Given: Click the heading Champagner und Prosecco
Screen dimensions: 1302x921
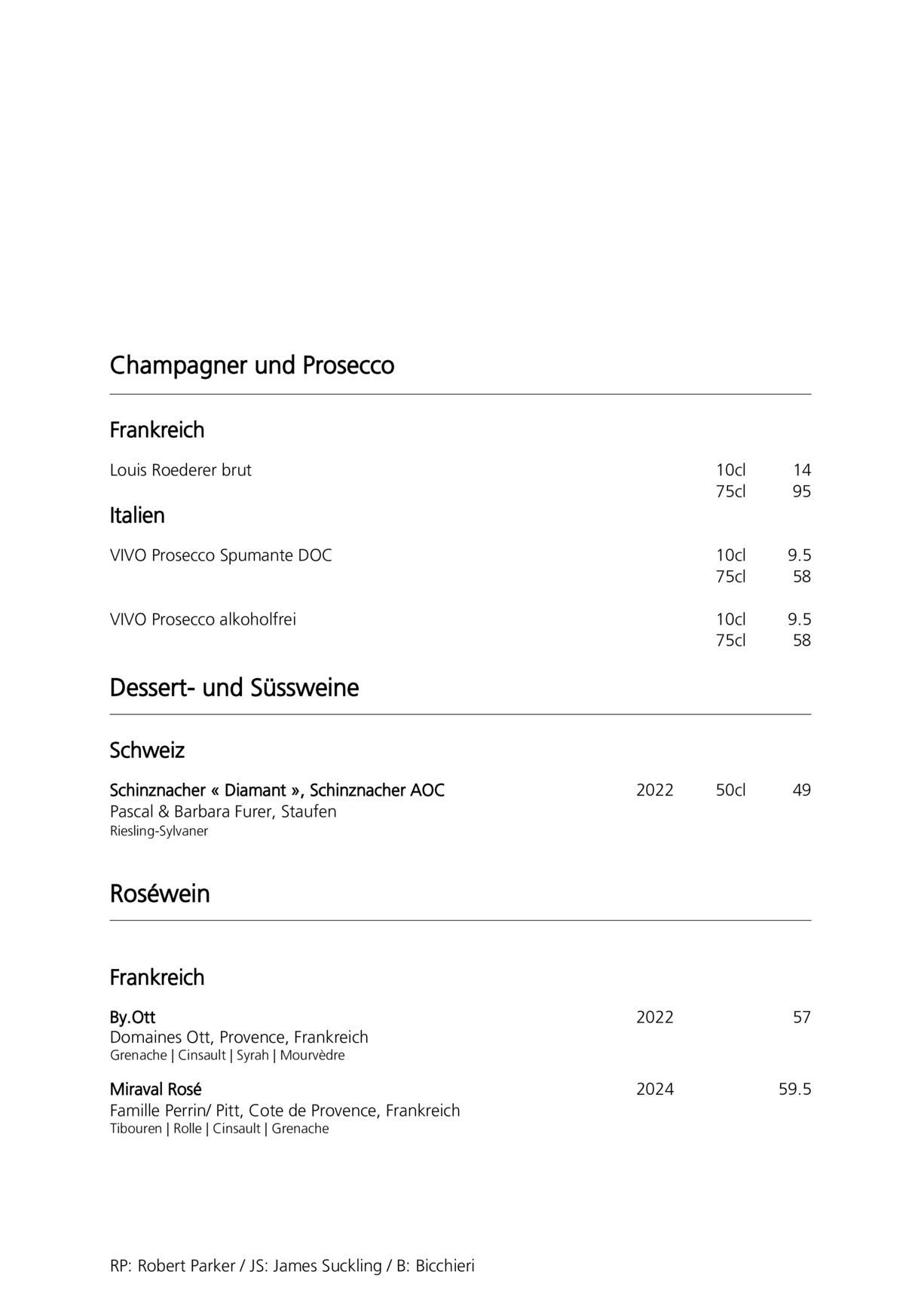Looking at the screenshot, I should click(252, 365).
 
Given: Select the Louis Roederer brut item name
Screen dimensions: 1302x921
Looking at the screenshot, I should click(181, 470).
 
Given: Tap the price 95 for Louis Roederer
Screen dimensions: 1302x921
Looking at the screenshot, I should click(801, 492).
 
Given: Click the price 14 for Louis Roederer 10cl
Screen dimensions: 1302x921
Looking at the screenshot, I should click(801, 470).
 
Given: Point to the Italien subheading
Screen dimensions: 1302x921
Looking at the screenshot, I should click(137, 515).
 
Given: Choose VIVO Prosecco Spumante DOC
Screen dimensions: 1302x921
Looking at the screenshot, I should click(221, 555).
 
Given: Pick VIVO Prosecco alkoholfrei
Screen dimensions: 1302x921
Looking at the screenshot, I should click(203, 619).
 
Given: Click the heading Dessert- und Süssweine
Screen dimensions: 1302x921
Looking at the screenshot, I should click(234, 688).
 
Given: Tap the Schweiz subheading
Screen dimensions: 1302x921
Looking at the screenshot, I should click(147, 750).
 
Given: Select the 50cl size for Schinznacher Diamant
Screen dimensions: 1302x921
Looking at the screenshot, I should click(730, 790).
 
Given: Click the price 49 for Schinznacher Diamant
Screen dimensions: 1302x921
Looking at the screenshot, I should click(801, 790).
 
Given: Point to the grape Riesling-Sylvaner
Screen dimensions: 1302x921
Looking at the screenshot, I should click(159, 831).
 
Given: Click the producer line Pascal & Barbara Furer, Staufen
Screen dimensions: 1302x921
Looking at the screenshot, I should click(223, 811).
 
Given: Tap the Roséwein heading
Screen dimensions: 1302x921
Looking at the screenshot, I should click(160, 894).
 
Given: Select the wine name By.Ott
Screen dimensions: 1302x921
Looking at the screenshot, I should click(133, 1017).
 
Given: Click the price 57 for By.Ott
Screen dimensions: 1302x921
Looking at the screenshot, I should click(801, 1017).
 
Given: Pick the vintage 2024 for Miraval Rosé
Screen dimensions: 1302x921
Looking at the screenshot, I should click(655, 1089).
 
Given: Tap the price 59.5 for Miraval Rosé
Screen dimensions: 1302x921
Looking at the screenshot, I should click(794, 1089).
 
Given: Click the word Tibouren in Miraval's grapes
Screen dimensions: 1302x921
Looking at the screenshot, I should click(136, 1129).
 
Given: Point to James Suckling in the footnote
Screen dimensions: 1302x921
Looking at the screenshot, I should click(327, 1266).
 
